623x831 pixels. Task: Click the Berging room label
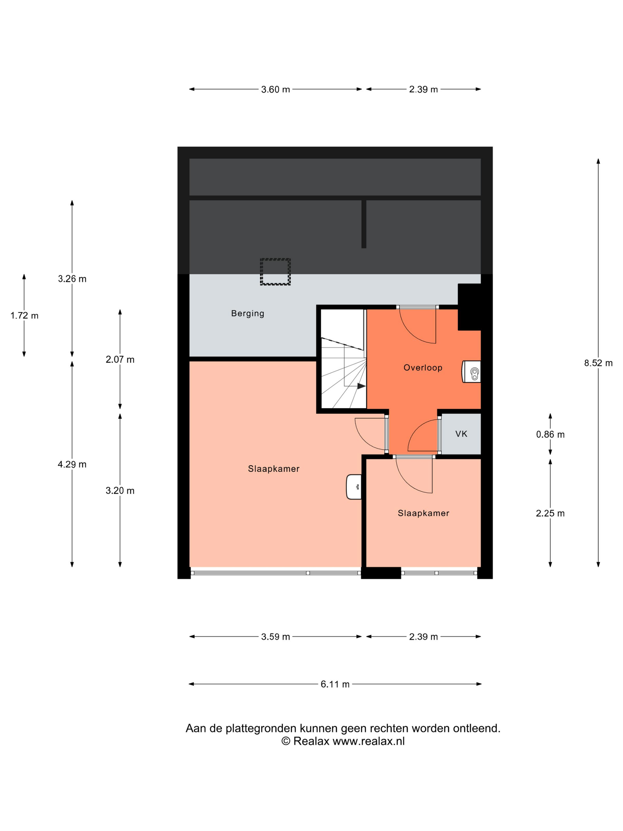[247, 314]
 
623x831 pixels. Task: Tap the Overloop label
[423, 368]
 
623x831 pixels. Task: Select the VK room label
[461, 434]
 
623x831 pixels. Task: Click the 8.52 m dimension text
[598, 363]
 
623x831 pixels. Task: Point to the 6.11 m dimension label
[335, 684]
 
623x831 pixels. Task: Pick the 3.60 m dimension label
[276, 89]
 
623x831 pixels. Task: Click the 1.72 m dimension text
[24, 315]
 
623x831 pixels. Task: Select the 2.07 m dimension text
[120, 359]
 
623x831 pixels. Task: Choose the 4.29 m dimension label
[72, 464]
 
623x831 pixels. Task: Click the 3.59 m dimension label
[276, 637]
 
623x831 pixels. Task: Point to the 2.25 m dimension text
[550, 513]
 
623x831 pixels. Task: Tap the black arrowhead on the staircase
[361, 386]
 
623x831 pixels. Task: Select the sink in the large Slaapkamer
[354, 487]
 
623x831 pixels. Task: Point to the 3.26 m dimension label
[72, 279]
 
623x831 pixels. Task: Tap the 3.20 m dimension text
[120, 491]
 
